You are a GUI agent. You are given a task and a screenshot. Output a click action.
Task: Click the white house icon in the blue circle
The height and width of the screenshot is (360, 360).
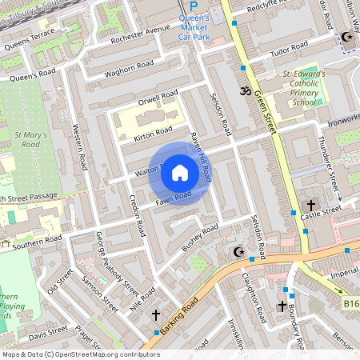tap(180, 173)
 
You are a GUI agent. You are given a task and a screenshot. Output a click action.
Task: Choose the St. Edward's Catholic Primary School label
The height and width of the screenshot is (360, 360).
tap(304, 88)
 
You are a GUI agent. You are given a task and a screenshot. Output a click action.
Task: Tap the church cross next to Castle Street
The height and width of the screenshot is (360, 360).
tap(310, 205)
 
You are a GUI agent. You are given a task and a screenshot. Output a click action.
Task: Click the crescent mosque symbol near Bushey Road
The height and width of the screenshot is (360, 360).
tap(237, 253)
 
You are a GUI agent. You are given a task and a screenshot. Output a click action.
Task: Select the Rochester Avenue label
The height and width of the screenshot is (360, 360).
tap(141, 35)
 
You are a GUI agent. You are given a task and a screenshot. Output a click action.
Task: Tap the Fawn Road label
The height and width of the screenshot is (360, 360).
tap(174, 197)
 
